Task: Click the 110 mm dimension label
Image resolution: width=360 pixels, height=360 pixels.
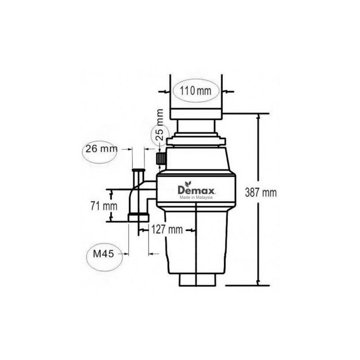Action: [195, 91]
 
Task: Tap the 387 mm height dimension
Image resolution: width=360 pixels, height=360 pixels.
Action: [261, 193]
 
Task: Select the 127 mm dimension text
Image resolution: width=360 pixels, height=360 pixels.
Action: [167, 229]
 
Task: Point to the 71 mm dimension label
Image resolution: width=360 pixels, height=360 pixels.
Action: [104, 206]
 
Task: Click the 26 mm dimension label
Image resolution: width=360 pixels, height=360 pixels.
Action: [101, 149]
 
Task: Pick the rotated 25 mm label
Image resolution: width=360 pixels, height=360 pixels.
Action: [159, 125]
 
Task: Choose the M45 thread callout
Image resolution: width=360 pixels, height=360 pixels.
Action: [103, 254]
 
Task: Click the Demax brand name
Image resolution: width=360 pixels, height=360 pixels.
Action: [196, 190]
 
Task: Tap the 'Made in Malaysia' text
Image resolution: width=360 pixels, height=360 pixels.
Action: [196, 198]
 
